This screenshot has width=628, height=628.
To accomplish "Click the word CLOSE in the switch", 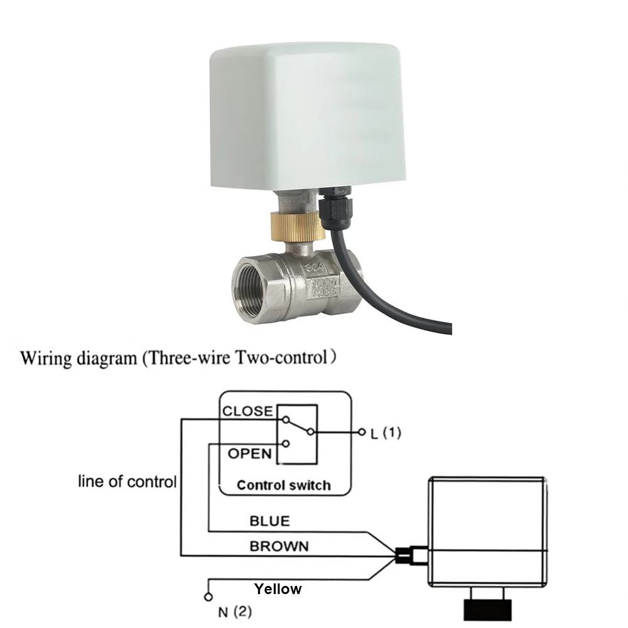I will [248, 412].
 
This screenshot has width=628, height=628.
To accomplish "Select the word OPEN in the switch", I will [249, 453].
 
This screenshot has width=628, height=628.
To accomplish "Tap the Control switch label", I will [283, 485].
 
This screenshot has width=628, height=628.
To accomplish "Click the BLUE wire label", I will [269, 521].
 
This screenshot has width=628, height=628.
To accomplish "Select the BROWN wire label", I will [279, 546].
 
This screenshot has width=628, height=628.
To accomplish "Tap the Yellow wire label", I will [278, 589].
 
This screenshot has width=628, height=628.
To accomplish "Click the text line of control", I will [127, 482].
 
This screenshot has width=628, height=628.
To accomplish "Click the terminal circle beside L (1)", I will [361, 433].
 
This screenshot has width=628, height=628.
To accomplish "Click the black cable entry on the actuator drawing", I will [403, 555].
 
